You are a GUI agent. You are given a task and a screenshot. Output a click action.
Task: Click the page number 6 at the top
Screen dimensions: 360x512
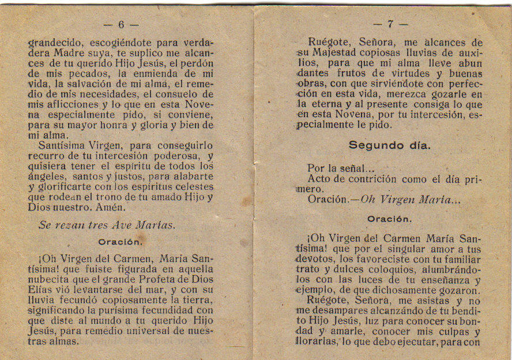121,25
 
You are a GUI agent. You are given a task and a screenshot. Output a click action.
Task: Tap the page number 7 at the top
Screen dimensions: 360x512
390,24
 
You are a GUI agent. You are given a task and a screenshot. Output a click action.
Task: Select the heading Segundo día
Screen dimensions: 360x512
389,145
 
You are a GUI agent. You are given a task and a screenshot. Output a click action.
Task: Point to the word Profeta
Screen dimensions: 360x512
148,278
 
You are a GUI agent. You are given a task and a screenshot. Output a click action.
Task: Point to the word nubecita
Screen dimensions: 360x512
52,278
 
